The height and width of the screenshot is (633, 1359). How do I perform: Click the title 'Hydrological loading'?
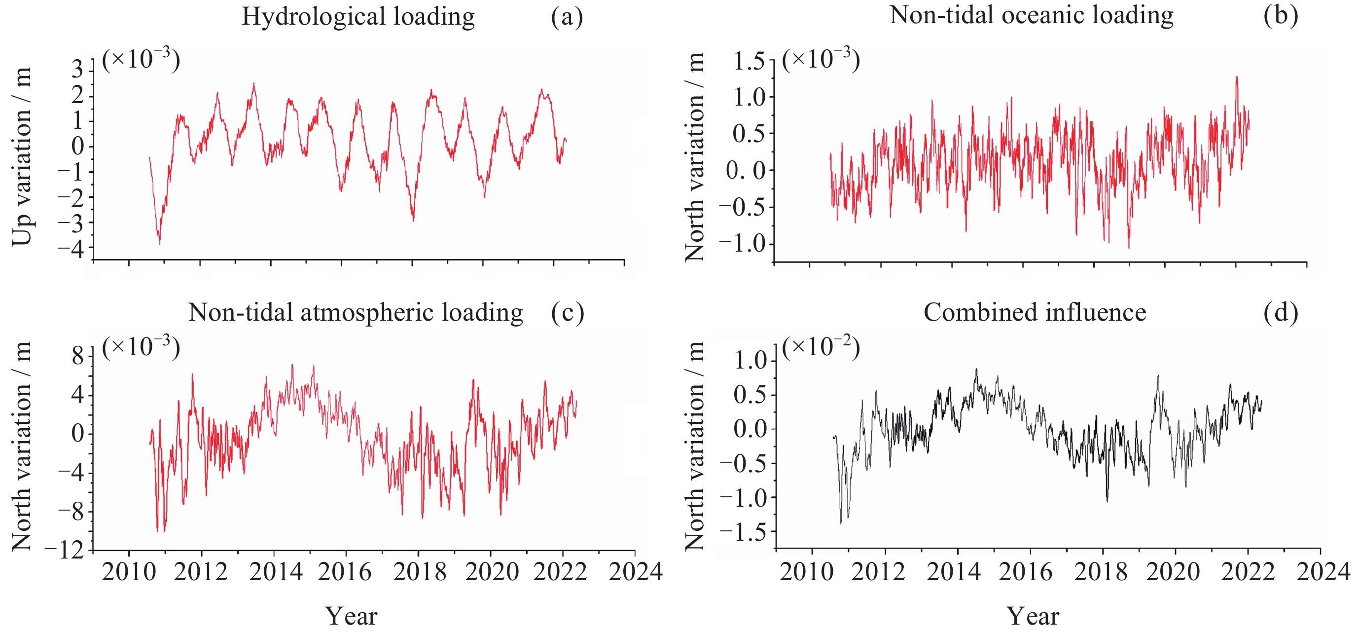pos(358,16)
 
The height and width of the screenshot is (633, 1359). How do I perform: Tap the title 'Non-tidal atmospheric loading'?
pos(356,312)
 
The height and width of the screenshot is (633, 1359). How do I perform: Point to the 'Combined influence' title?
pos(1035,312)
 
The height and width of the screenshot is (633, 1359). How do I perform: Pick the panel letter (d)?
pos(1281,312)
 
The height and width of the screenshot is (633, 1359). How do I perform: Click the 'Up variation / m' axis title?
pos(22,156)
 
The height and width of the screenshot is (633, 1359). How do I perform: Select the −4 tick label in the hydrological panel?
pos(71,248)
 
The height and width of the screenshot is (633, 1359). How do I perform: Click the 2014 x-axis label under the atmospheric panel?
pos(275,572)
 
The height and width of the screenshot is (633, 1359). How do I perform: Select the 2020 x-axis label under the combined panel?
pos(1173,572)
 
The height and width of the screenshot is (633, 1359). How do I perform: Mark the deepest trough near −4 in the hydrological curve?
pos(159,244)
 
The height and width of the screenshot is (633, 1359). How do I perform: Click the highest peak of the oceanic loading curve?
pos(1236,77)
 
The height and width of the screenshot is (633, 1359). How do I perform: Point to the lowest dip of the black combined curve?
pos(841,523)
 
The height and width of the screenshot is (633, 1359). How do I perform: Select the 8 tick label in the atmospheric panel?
pos(77,356)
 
